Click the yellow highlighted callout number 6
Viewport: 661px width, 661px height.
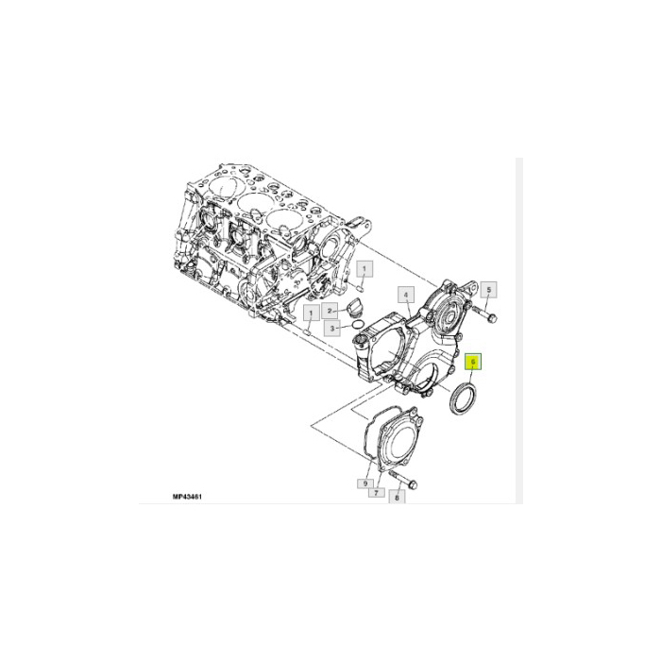(x=473, y=361)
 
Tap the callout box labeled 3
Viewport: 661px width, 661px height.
(x=332, y=328)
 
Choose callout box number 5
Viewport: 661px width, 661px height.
(x=489, y=289)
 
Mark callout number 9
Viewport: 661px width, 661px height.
(x=363, y=483)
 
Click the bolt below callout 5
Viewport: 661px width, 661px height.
(x=478, y=309)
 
